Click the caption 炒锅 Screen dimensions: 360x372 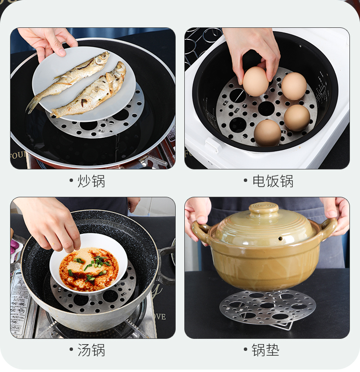click(x=91, y=181)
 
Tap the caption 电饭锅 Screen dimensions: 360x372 click(x=273, y=181)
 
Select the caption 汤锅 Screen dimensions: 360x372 click(x=91, y=350)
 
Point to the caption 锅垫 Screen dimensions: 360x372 click(x=265, y=350)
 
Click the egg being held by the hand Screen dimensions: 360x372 click(x=255, y=81)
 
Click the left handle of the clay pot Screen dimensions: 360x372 click(x=201, y=232)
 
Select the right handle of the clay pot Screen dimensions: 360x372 click(x=328, y=228)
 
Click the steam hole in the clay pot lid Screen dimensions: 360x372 click(x=280, y=238)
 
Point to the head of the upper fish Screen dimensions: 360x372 click(x=103, y=58)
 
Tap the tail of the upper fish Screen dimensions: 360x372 click(x=33, y=104)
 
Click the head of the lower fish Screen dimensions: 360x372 click(x=120, y=68)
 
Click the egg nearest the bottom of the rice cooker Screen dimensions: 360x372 click(x=267, y=132)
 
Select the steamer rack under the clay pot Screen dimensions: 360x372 click(x=267, y=307)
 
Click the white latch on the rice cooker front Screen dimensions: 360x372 click(x=212, y=144)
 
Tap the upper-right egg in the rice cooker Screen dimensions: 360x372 click(x=294, y=86)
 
